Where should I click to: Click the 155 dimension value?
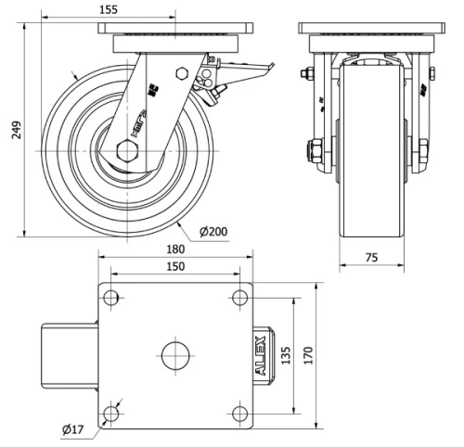pos(109,9)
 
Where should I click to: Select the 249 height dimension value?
pos(16,133)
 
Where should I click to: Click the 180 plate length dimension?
pos(176,249)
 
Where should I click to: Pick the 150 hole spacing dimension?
pos(176,266)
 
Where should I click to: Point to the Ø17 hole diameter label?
pos(75,428)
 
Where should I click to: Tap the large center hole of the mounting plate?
pos(174,355)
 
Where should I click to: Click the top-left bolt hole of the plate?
pos(111,298)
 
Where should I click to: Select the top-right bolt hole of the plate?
pos(240,298)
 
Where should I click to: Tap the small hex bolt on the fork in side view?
pos(182,73)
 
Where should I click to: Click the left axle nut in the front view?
pos(312,149)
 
